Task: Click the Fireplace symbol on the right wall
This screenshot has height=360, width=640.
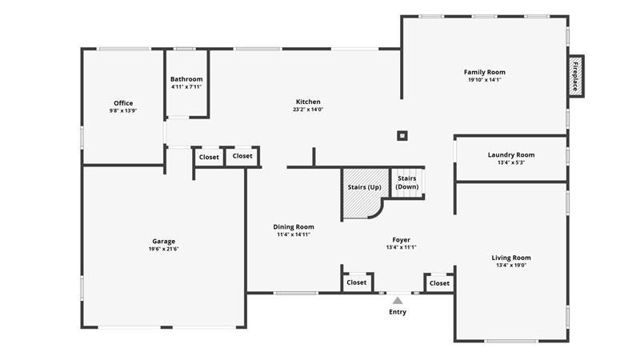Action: (576, 76)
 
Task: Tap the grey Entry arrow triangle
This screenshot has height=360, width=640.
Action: (398, 301)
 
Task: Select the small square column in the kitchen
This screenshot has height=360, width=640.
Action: (402, 135)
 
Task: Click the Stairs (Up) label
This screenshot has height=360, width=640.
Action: (365, 187)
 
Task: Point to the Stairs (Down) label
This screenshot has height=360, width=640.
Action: (407, 182)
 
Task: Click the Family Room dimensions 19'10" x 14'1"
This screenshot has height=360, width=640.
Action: (485, 80)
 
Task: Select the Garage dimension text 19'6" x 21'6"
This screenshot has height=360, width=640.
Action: (164, 249)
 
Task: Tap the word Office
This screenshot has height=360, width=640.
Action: (123, 103)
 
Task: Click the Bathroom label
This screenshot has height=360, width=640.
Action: (186, 79)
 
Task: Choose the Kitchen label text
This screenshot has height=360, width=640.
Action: (308, 102)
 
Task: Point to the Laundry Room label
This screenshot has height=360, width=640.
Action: (511, 154)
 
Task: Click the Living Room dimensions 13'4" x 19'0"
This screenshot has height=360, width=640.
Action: (511, 266)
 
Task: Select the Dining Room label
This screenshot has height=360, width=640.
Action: (294, 227)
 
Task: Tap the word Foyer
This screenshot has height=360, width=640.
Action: (402, 240)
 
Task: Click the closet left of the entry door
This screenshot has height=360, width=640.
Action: (357, 282)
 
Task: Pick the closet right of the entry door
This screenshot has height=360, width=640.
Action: (439, 283)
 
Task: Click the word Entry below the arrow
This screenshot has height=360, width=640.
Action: (398, 312)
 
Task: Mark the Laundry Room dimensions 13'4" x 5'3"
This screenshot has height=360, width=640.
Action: (511, 162)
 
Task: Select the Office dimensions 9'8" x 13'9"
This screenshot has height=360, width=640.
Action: (123, 110)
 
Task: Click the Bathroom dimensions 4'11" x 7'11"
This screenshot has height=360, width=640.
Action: (186, 87)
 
